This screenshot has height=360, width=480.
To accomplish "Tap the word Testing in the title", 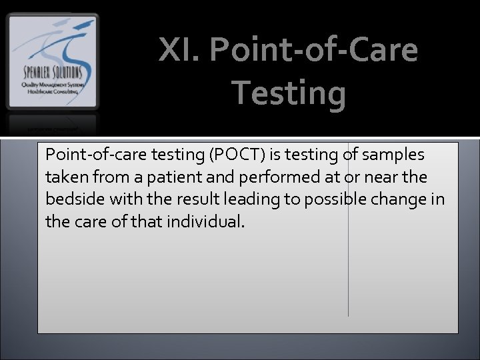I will [x=289, y=93].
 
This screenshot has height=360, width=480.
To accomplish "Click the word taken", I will [x=65, y=177].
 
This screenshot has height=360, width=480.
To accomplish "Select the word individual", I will [x=207, y=221].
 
